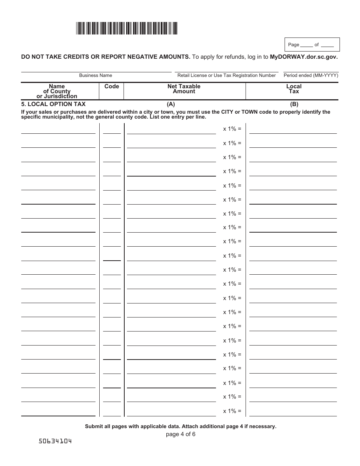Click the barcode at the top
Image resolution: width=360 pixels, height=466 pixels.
click(127, 28)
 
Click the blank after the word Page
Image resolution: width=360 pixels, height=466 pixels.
click(307, 45)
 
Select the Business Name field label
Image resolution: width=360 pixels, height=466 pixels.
click(95, 75)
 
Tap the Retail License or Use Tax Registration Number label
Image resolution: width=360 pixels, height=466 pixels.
click(226, 75)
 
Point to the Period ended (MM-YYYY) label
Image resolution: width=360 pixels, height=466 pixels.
click(311, 75)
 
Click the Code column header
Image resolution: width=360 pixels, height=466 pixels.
click(111, 86)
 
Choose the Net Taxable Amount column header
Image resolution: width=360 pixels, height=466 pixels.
click(184, 89)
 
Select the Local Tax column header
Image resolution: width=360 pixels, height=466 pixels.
click(294, 89)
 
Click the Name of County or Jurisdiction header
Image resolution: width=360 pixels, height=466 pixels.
click(57, 91)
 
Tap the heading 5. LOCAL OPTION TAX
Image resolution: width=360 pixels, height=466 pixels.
click(53, 104)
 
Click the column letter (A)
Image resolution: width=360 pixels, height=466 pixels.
click(171, 104)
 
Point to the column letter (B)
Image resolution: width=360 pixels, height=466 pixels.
click(294, 104)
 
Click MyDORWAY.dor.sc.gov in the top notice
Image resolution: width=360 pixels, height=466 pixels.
click(304, 57)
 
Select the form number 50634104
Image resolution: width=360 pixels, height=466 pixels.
click(55, 441)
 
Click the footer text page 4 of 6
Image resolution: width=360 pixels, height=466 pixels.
click(180, 434)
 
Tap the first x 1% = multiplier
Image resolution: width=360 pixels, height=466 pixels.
click(232, 129)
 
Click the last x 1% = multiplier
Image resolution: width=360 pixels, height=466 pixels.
click(232, 411)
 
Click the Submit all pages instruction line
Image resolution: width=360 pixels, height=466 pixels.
click(180, 426)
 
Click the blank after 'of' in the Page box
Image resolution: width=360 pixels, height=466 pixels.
click(327, 45)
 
